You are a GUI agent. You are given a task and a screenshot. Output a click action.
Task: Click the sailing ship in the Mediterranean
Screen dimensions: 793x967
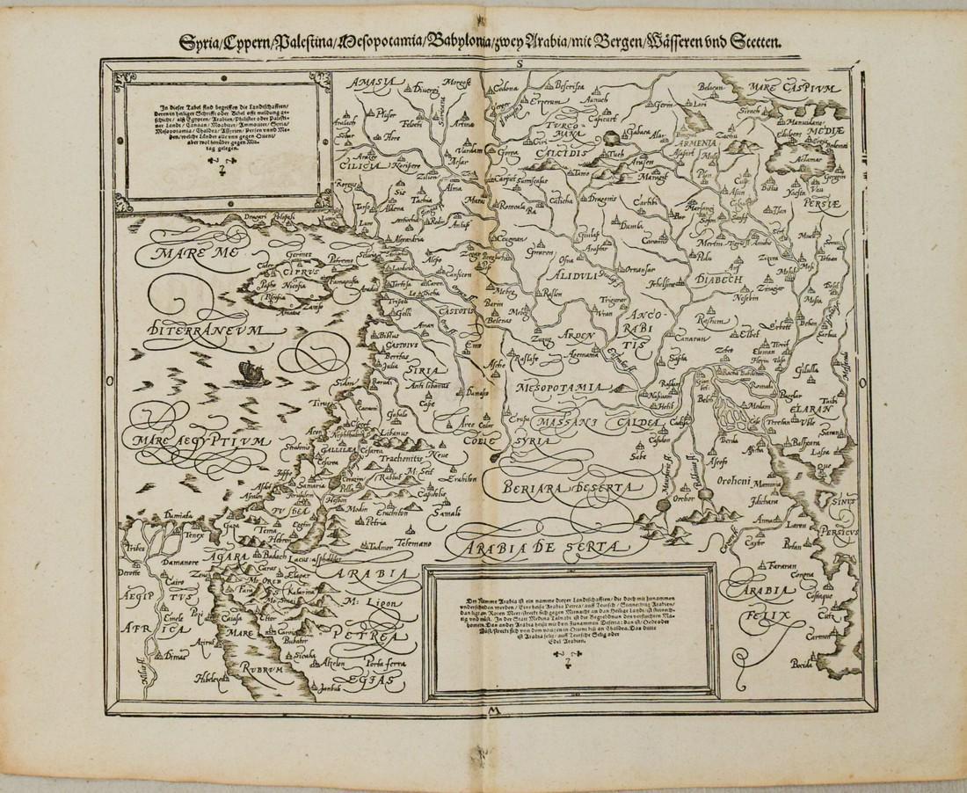pyautogui.click(x=251, y=375)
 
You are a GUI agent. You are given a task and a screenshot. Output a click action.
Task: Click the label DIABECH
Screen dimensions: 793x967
pyautogui.click(x=720, y=279)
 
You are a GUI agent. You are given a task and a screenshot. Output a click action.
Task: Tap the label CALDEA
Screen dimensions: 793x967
pyautogui.click(x=655, y=424)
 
